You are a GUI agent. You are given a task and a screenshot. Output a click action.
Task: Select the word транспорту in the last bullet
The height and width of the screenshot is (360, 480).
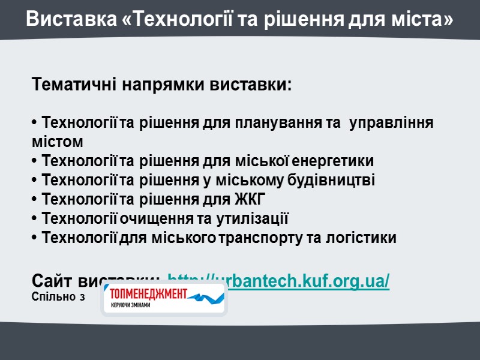(x=262, y=238)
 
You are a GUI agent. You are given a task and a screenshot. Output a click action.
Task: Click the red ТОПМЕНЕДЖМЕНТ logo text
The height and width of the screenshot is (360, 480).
(x=146, y=294)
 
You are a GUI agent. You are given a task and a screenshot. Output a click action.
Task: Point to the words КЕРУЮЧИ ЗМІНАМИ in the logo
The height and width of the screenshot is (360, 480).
(x=130, y=305)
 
